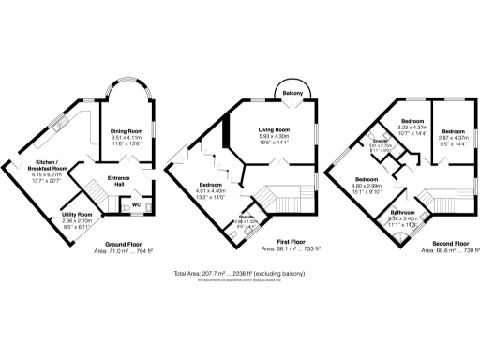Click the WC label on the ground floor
(136, 203)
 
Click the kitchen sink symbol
(58, 122)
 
